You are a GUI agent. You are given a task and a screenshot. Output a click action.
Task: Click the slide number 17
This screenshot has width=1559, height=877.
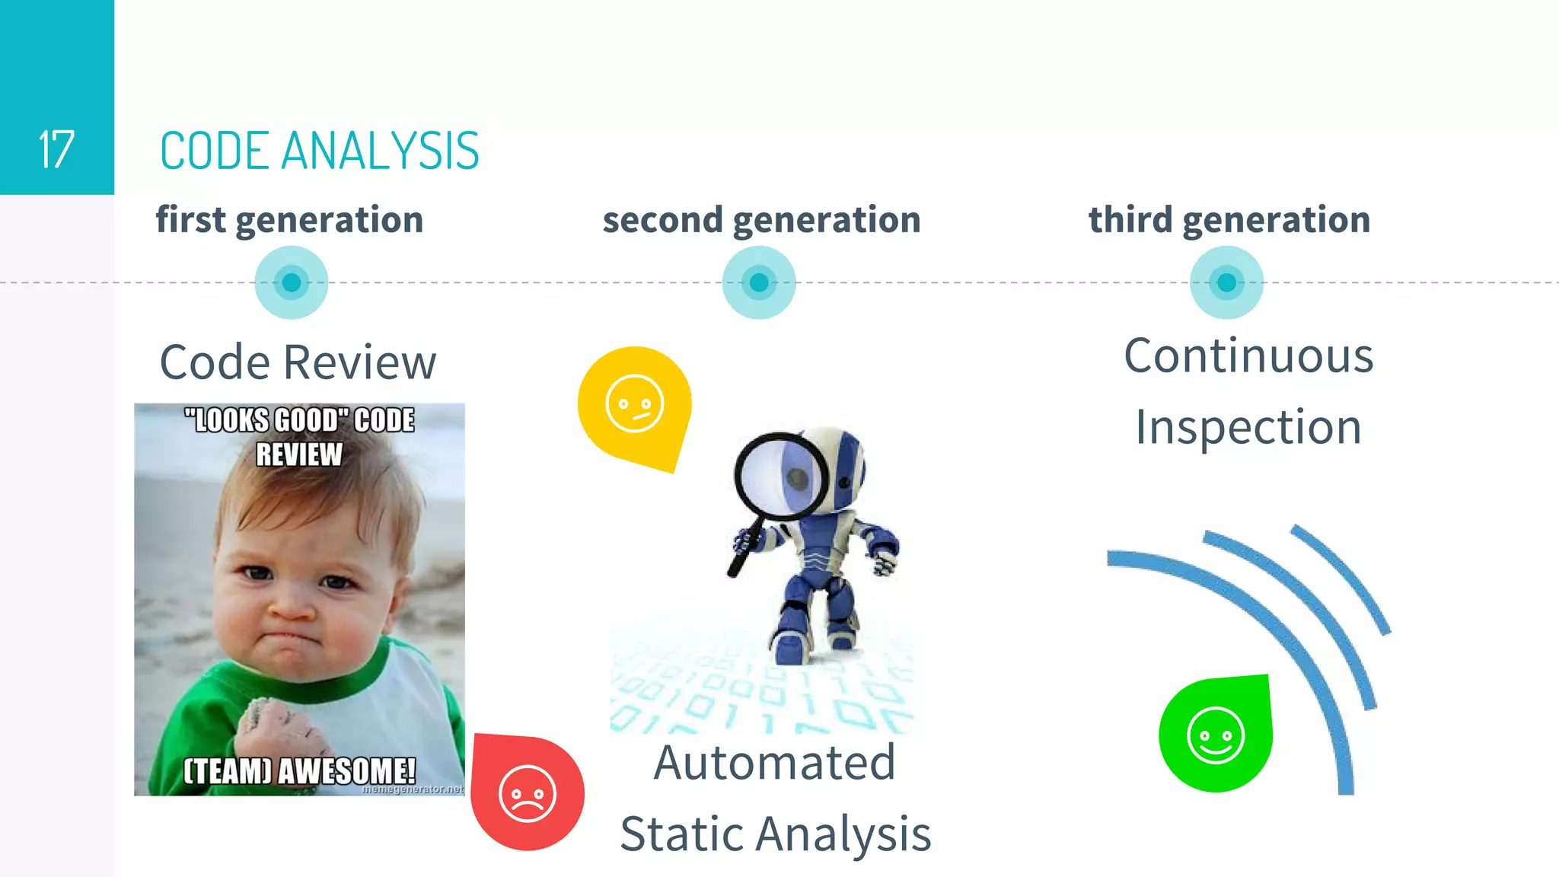56,149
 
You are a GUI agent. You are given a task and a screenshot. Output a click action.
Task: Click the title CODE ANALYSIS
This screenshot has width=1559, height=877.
319,151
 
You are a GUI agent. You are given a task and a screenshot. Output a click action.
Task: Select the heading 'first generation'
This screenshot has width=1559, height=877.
289,220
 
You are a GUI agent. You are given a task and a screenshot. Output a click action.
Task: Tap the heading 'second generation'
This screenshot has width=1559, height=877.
761,220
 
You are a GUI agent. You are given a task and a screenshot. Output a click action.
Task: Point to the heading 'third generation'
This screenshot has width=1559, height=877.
1229,220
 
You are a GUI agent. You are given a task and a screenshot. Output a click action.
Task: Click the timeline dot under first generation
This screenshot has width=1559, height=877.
291,282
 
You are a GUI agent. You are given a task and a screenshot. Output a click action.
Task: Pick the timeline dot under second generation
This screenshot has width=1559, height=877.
759,282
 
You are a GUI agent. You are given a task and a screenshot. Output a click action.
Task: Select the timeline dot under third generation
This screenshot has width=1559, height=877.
1226,282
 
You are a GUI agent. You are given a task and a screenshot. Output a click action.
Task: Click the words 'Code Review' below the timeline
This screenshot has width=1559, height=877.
298,362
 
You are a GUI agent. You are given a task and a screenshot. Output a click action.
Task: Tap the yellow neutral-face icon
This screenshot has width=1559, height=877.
634,403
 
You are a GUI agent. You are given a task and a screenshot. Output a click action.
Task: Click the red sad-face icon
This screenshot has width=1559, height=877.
527,793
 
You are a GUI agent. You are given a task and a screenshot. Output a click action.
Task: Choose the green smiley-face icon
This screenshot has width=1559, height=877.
1215,735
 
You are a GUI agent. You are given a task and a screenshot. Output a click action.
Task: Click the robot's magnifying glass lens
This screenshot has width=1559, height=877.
782,477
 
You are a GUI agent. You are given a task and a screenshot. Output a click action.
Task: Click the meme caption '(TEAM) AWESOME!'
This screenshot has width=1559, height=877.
299,770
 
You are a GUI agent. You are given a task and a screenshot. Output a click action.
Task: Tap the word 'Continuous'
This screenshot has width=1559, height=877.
1248,356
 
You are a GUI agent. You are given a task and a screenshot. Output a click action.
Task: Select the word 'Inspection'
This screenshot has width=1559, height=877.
1248,427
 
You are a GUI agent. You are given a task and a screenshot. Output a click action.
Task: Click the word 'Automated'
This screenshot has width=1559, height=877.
774,762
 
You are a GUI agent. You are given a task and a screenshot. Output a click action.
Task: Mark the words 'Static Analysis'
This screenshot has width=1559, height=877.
775,834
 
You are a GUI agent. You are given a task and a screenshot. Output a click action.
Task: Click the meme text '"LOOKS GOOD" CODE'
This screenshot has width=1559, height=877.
299,420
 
